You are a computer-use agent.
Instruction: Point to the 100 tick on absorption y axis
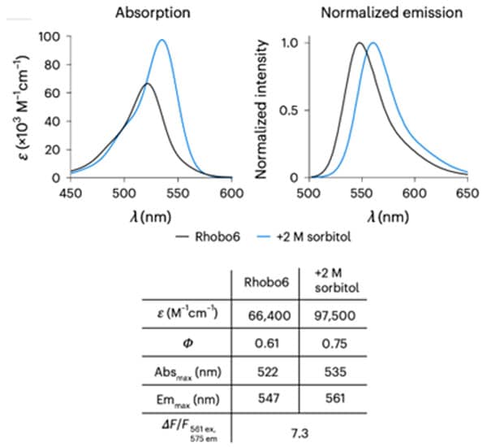click(55, 37)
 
